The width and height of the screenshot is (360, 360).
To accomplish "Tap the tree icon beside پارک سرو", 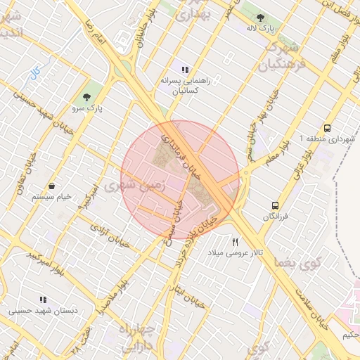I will tap(87, 97).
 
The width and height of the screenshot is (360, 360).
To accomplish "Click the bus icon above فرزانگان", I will tap(275, 206).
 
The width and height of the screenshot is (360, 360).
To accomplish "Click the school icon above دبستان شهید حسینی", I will tap(44, 300).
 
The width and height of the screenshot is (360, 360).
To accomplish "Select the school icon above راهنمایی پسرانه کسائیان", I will tap(184, 70).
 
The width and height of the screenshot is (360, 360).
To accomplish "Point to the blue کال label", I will tap(34, 72).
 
